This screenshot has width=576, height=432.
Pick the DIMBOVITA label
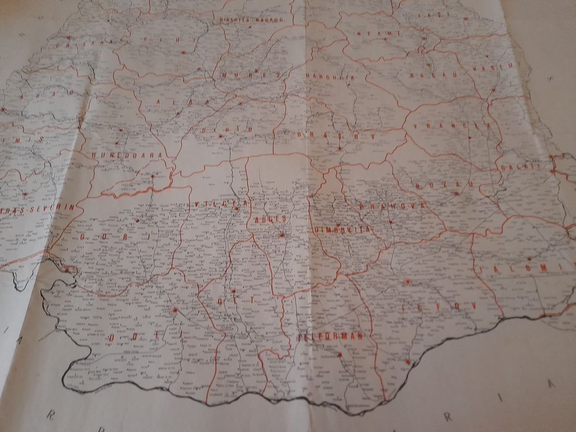tap(342, 230)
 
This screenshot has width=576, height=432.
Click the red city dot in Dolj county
tap(175, 309)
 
